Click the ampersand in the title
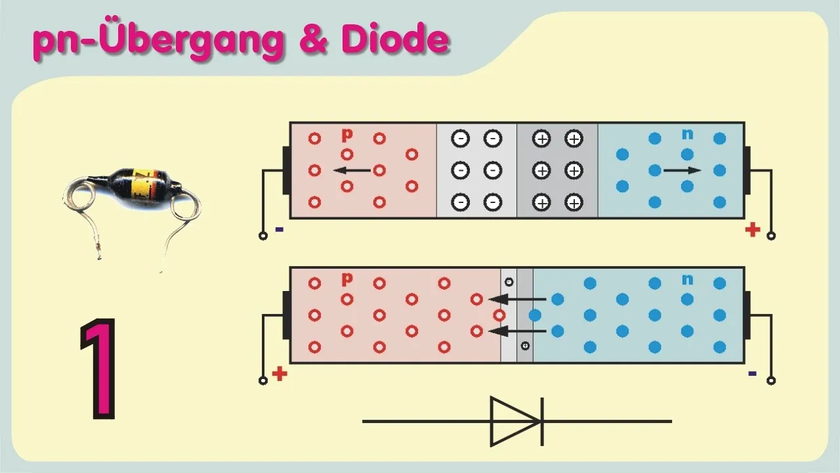pyautogui.click(x=314, y=39)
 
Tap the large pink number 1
pyautogui.click(x=98, y=369)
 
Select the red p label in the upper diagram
pyautogui.click(x=347, y=135)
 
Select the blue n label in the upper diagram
pyautogui.click(x=687, y=134)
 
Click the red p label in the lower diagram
pyautogui.click(x=347, y=279)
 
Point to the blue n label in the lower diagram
pyautogui.click(x=687, y=279)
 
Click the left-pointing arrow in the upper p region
pyautogui.click(x=352, y=170)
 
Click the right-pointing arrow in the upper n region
pyautogui.click(x=682, y=170)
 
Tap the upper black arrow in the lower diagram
pyautogui.click(x=517, y=299)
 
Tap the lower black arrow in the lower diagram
pyautogui.click(x=517, y=331)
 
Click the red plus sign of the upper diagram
pyautogui.click(x=753, y=230)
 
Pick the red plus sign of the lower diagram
pyautogui.click(x=280, y=374)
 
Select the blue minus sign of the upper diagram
pyautogui.click(x=280, y=229)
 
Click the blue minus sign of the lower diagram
pyautogui.click(x=752, y=374)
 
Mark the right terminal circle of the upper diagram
pyautogui.click(x=771, y=236)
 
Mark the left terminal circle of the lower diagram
pyautogui.click(x=263, y=380)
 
